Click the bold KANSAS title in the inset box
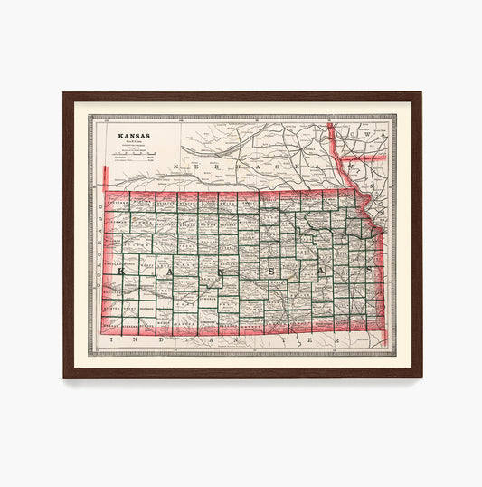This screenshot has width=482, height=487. [x=133, y=137]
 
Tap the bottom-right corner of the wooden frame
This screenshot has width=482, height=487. [x=420, y=377]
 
